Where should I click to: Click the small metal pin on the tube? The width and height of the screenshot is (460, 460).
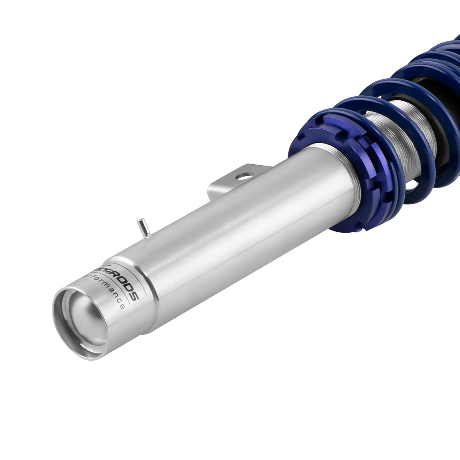(144, 228)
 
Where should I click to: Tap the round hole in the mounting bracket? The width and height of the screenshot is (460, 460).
(244, 176)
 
